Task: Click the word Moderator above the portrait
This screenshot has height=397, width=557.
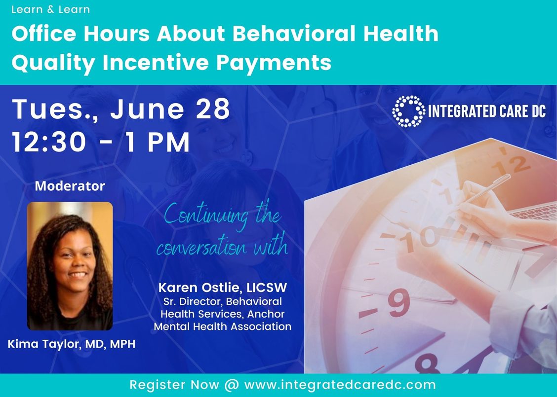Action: (70, 186)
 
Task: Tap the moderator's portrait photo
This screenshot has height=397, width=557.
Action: (70, 266)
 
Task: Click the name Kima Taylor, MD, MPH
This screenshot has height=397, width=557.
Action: (72, 344)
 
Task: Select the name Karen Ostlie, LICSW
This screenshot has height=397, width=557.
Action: (223, 288)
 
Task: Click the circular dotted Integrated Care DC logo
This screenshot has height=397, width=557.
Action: (408, 111)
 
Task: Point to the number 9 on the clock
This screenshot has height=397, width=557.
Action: (399, 302)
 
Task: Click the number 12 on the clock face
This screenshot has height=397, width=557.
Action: (511, 166)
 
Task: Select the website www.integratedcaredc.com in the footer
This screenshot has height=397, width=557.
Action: (340, 385)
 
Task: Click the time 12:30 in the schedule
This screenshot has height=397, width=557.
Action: (49, 142)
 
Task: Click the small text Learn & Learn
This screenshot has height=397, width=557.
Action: (50, 9)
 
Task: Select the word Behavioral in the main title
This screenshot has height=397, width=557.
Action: (294, 34)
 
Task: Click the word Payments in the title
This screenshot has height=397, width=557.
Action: (274, 63)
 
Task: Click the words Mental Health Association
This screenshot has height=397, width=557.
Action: (222, 326)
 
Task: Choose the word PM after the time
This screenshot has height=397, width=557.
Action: (168, 143)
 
